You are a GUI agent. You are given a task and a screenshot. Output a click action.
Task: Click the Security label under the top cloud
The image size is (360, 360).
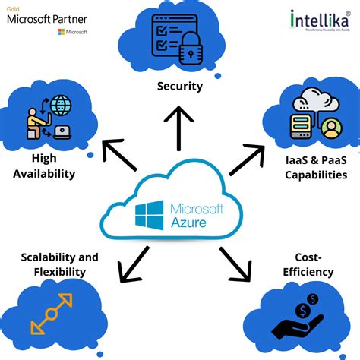tap(180, 86)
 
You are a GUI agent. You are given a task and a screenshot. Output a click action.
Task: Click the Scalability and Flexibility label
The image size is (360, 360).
tap(60, 264)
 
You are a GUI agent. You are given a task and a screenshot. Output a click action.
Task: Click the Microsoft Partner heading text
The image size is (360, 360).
tap(46, 18)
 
